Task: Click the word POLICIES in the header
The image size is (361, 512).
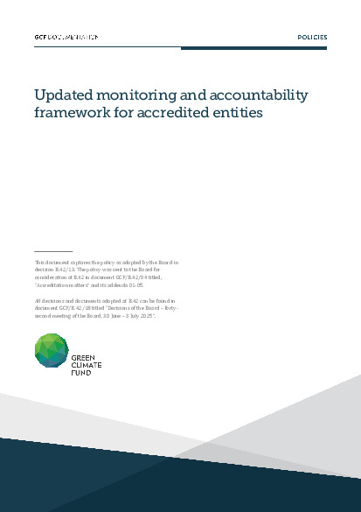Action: [312, 38]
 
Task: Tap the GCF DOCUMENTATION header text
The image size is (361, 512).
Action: [66, 38]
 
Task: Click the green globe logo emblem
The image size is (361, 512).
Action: [52, 354]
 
